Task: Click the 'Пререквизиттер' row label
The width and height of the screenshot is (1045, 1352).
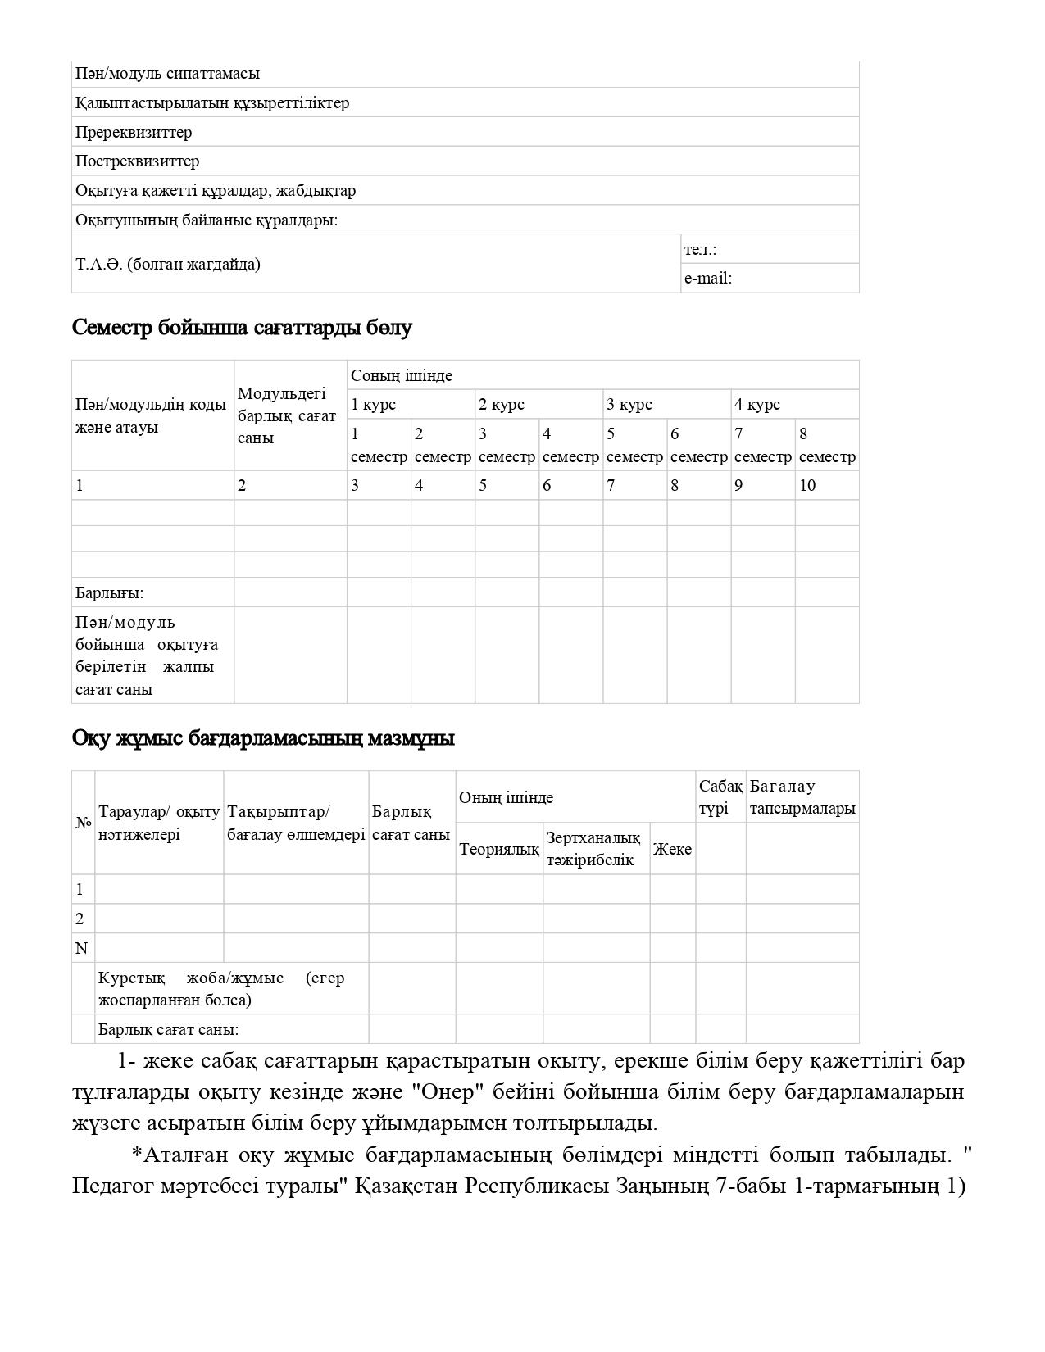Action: tap(134, 132)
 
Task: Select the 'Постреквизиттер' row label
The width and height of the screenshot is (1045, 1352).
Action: tap(137, 161)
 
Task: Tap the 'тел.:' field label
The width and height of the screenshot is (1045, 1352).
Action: tap(700, 249)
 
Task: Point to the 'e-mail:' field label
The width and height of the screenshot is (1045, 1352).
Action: tap(708, 278)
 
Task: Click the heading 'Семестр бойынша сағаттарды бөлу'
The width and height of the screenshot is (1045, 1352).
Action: tap(242, 328)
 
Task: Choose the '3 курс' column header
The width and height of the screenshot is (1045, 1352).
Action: tap(629, 404)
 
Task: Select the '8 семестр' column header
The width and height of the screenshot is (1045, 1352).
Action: tap(826, 445)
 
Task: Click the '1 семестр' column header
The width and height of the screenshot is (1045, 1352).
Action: tap(379, 445)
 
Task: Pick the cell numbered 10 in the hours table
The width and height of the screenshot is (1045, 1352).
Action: tap(807, 485)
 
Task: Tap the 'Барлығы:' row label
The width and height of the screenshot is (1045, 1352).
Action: tap(110, 592)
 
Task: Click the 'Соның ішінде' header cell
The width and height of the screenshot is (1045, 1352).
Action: tap(402, 375)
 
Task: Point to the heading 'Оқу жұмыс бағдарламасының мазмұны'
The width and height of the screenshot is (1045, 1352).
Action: tap(263, 738)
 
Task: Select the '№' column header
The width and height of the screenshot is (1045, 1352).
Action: tap(83, 823)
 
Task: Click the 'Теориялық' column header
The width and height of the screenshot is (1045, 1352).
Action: tap(498, 849)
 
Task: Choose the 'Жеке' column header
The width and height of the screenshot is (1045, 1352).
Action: tap(672, 849)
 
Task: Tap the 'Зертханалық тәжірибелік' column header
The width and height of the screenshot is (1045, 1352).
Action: tap(593, 849)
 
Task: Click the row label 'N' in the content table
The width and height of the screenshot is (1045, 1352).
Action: tap(81, 948)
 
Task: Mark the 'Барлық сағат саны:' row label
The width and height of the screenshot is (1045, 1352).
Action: tap(168, 1029)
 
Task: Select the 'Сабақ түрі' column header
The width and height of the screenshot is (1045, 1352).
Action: tap(720, 797)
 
